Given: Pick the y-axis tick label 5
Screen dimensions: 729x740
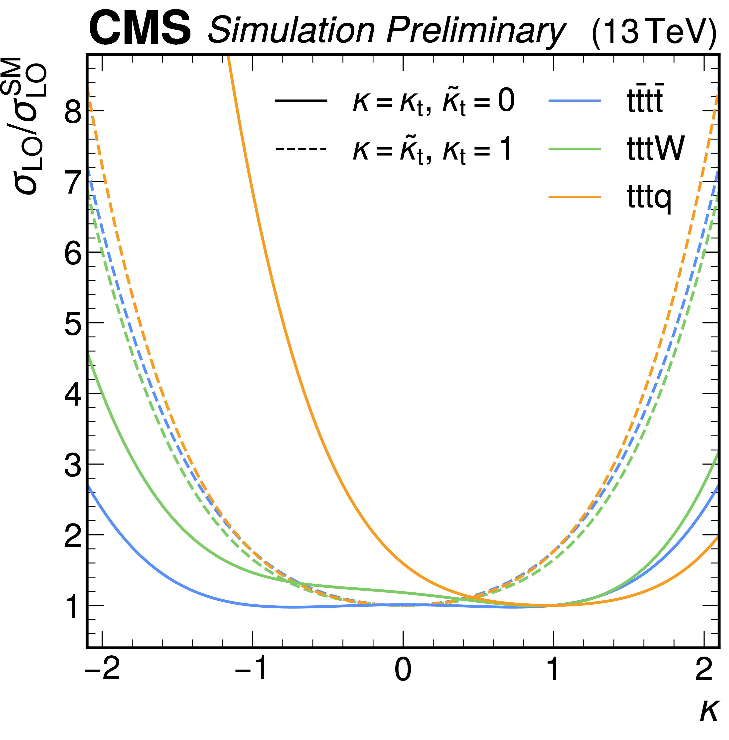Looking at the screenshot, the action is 73,323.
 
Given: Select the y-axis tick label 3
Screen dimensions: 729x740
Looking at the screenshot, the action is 73,464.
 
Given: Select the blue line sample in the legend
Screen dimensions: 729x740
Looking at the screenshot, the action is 575,100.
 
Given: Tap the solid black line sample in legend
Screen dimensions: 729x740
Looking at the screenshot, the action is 301,100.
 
